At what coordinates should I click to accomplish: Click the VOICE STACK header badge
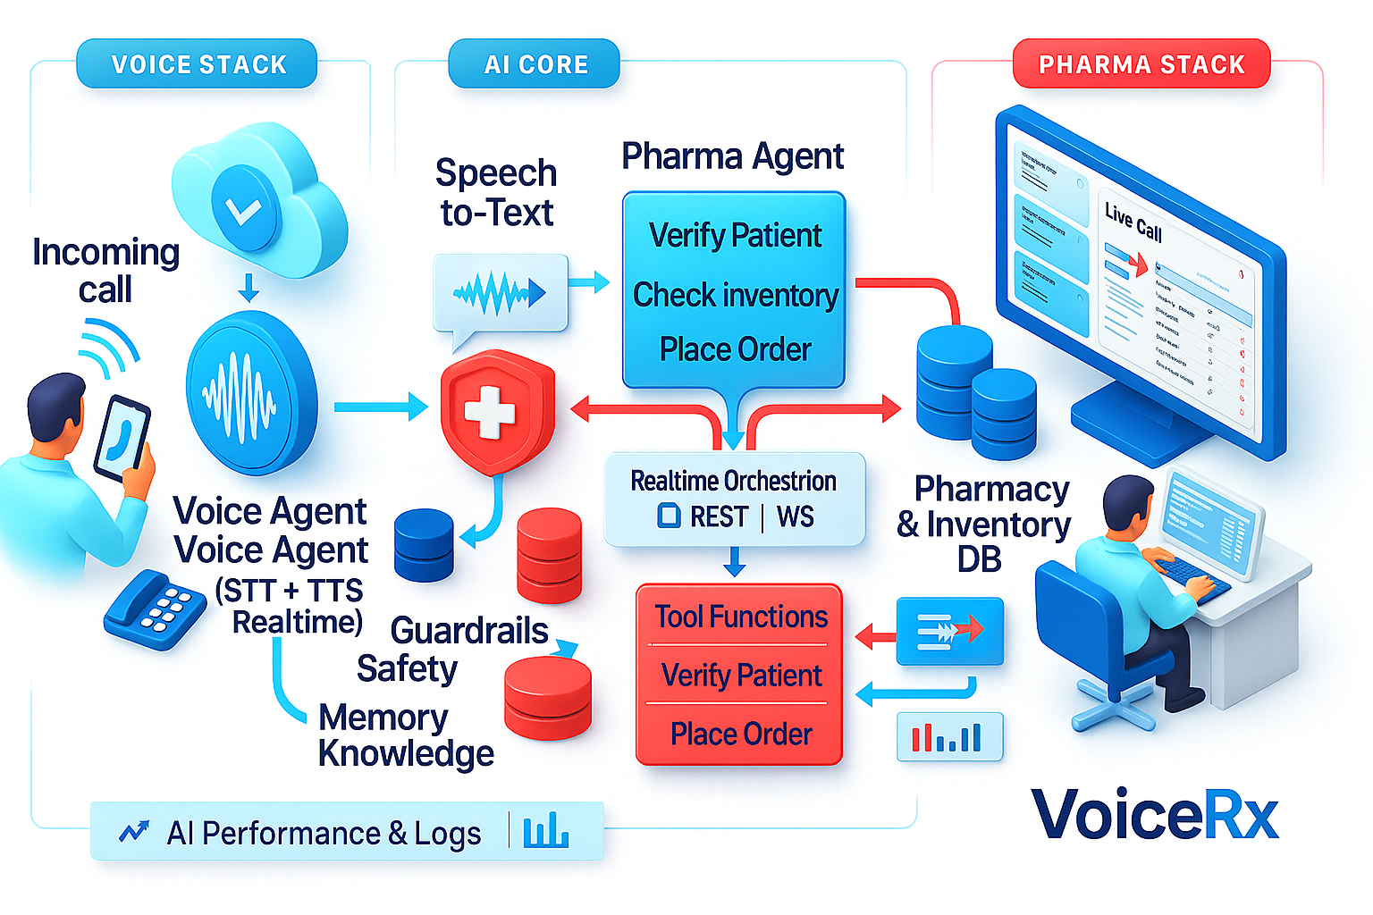tap(198, 64)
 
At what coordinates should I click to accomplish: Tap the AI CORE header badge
tap(535, 64)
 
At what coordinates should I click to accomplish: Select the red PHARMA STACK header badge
tap(1141, 64)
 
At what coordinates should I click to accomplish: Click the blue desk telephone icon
tap(155, 609)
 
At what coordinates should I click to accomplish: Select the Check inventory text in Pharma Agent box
tap(735, 295)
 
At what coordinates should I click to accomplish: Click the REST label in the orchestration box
tap(718, 517)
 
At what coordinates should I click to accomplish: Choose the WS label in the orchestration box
tap(795, 517)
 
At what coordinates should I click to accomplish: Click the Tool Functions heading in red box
tap(740, 617)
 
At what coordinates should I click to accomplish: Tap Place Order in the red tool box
tap(740, 734)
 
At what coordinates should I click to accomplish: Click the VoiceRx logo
tap(1155, 814)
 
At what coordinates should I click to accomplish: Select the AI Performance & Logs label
tap(324, 833)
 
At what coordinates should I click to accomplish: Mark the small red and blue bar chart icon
tap(948, 737)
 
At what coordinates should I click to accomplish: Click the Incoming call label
tap(105, 271)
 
